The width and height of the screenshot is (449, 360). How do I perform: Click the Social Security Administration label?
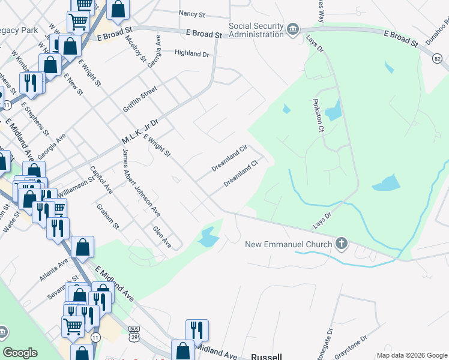pos(256,30)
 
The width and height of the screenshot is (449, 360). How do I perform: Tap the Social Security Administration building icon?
pos(292,29)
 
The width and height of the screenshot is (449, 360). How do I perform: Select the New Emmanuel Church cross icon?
pos(342,244)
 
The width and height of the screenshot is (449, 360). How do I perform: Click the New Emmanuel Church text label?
pos(289,244)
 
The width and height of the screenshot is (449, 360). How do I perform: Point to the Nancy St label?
pos(192,13)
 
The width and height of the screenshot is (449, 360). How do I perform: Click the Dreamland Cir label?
pos(230,158)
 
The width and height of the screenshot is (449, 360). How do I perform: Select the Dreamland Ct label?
pos(241,173)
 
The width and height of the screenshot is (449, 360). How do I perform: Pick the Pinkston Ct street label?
pos(318,113)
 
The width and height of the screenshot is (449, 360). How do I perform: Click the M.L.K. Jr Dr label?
pos(139,131)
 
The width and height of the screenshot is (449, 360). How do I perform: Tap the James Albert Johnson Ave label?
pos(141,182)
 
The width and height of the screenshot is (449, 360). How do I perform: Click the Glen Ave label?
pos(162,237)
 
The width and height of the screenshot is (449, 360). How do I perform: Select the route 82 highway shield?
pos(438,58)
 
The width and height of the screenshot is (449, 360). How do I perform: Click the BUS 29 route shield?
pos(133,334)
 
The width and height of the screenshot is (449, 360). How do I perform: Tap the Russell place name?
pos(266,356)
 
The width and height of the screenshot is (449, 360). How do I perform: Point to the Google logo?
pos(20,353)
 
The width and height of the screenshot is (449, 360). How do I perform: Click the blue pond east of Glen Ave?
pos(208,238)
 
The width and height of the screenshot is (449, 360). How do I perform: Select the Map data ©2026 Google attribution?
pos(412,355)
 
